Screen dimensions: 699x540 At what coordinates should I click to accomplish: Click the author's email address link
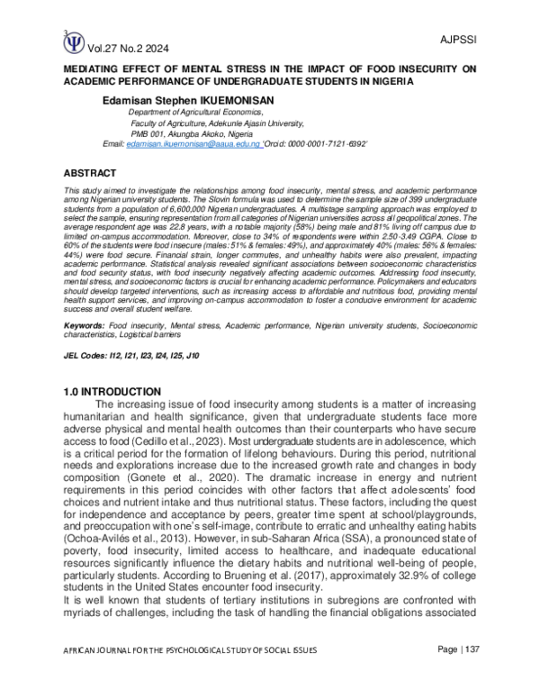click(x=193, y=144)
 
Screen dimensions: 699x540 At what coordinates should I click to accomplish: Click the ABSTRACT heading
click(x=90, y=171)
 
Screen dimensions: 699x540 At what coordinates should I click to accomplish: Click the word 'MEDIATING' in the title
click(x=98, y=68)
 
